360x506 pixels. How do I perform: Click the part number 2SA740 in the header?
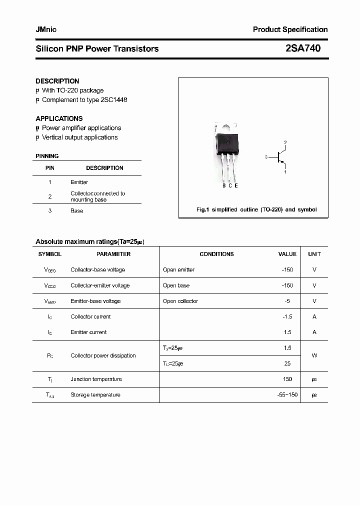pos(303,48)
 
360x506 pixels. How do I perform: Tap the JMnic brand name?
pos(46,29)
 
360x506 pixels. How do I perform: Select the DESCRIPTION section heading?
pos(57,81)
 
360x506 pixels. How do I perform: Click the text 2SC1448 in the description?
pos(114,99)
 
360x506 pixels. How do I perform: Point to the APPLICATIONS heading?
pos(59,118)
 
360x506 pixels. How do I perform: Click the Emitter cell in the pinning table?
pos(79,182)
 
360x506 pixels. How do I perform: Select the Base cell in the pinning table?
pos(76,210)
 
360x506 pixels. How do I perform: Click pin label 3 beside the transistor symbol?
pos(266,157)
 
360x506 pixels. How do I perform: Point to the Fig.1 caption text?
pos(256,209)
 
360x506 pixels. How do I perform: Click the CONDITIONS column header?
pos(216,254)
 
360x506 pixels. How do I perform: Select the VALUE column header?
pos(287,254)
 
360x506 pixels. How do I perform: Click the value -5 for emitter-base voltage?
pos(287,301)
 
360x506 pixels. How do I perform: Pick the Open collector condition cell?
pos(180,301)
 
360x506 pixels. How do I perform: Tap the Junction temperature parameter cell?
pos(96,379)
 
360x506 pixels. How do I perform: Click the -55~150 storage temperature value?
pos(287,394)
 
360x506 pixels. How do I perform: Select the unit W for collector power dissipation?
pos(314,355)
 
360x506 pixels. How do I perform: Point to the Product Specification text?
pos(290,29)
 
